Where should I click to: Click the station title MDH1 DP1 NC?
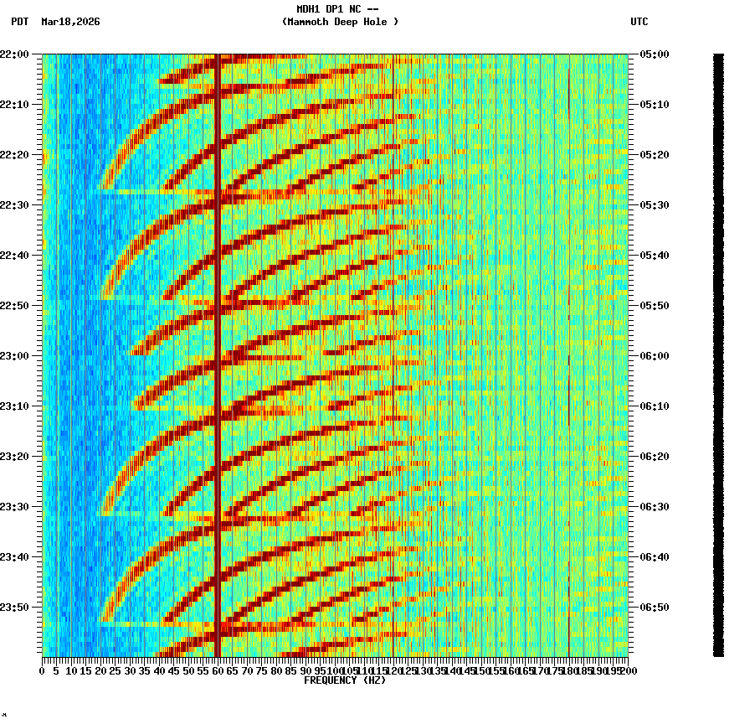(x=337, y=8)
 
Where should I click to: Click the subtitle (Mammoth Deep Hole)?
(x=340, y=22)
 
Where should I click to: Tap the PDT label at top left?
(x=19, y=22)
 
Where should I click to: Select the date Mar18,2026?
(x=70, y=22)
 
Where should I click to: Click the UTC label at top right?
(x=639, y=22)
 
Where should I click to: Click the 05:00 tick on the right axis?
(x=654, y=54)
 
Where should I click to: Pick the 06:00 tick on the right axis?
(x=654, y=355)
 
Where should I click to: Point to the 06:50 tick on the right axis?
(x=654, y=607)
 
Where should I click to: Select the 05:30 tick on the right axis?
(x=654, y=204)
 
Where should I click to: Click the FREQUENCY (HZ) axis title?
(x=345, y=680)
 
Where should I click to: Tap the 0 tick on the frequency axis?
(x=43, y=671)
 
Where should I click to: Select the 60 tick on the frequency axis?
(x=218, y=671)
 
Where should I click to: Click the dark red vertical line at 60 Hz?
(x=218, y=335)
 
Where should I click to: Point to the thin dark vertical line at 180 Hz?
(x=569, y=335)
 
